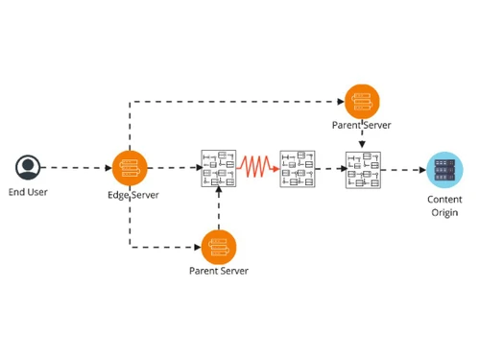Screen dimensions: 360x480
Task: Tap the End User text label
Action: tap(29, 192)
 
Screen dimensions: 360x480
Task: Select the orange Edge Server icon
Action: tap(130, 168)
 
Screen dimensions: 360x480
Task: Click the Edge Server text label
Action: tap(132, 195)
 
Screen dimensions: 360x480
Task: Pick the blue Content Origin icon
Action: tap(444, 169)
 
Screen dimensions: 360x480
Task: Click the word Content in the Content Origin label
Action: tap(444, 199)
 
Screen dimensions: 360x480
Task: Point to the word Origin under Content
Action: tap(444, 212)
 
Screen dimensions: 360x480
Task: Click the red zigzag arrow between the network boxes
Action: tap(257, 168)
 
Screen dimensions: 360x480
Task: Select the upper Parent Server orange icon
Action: tap(362, 101)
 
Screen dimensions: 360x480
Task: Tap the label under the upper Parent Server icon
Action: tap(362, 125)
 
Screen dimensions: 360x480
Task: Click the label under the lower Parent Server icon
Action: tap(219, 271)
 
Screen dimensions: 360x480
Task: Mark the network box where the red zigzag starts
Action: tap(219, 168)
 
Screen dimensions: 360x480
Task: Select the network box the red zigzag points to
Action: tap(297, 168)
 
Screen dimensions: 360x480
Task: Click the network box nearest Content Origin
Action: tap(363, 169)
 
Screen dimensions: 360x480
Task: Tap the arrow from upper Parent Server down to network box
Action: tap(362, 140)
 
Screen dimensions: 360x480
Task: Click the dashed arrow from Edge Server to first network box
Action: tap(173, 168)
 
